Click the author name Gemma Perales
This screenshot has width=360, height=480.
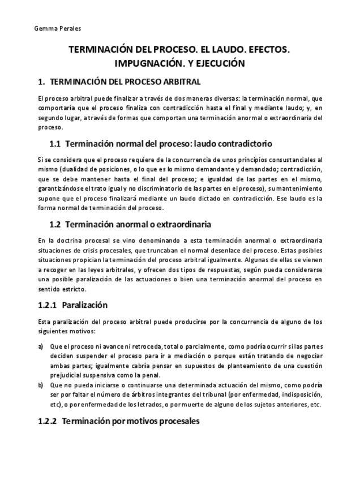(49, 28)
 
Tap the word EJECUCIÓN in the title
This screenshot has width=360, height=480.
(219, 63)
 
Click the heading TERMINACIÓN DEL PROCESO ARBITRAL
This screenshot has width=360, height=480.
(125, 82)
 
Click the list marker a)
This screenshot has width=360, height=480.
(41, 346)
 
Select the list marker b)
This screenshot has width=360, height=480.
(41, 385)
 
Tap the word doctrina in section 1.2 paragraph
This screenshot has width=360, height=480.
(72, 240)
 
